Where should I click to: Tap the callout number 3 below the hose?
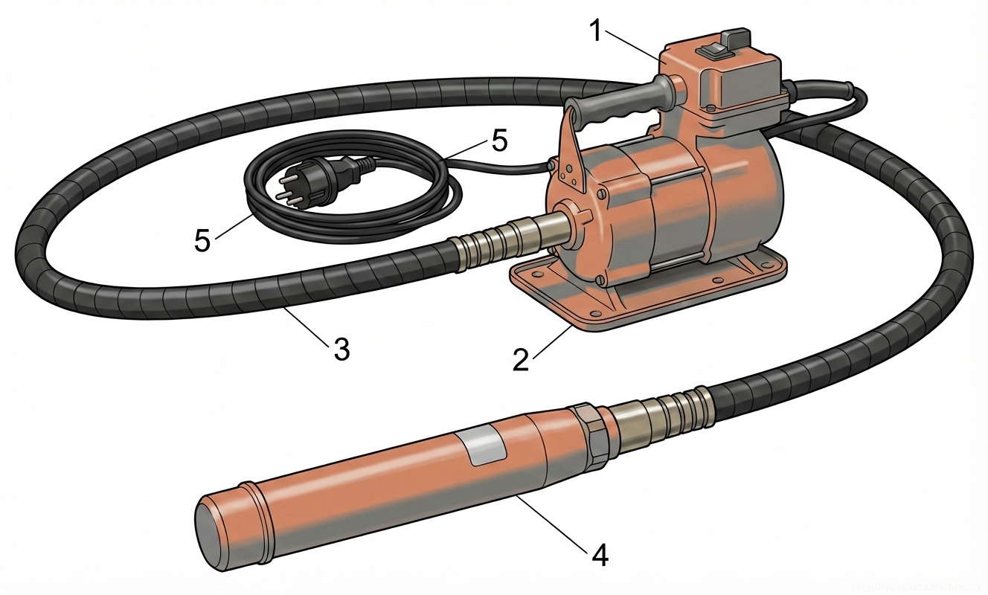(x=341, y=348)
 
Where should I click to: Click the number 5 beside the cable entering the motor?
(x=498, y=141)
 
